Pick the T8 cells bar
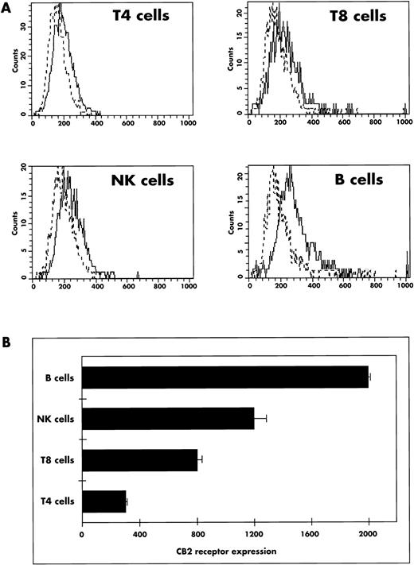pyautogui.click(x=139, y=459)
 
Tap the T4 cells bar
pyautogui.click(x=103, y=501)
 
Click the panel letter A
pyautogui.click(x=6, y=6)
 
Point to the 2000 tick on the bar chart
pyautogui.click(x=369, y=534)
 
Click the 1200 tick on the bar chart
pyautogui.click(x=254, y=534)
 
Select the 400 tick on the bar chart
pyautogui.click(x=139, y=534)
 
